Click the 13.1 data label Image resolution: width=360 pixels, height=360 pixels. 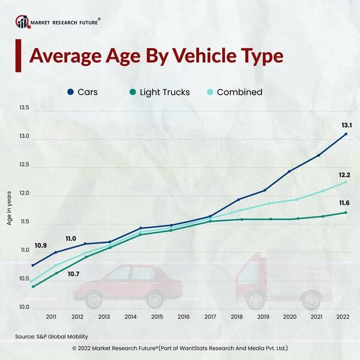[x=347, y=125]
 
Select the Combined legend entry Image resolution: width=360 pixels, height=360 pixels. [x=233, y=92]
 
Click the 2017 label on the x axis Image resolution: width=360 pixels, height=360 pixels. [x=210, y=317]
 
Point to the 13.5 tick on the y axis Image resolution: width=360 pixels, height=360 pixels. [x=23, y=108]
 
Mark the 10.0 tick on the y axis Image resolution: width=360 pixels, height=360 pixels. [x=23, y=307]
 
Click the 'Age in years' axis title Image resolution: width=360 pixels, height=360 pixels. [x=9, y=207]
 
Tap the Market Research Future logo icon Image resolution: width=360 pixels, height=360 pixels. [x=22, y=22]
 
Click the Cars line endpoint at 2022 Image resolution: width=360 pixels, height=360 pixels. [x=346, y=134]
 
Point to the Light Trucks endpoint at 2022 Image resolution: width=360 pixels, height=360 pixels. [x=346, y=212]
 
